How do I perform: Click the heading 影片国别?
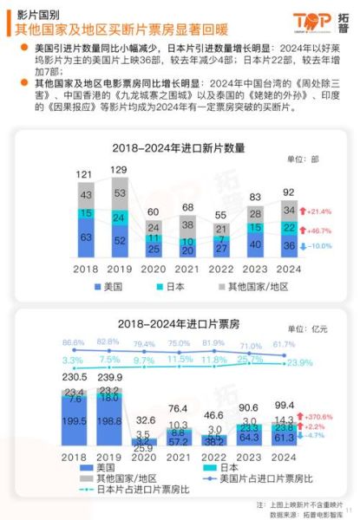pos(37,15)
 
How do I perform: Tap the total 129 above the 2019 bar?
pos(119,170)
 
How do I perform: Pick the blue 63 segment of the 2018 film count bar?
pos(85,237)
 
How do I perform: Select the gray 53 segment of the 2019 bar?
pos(119,192)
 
